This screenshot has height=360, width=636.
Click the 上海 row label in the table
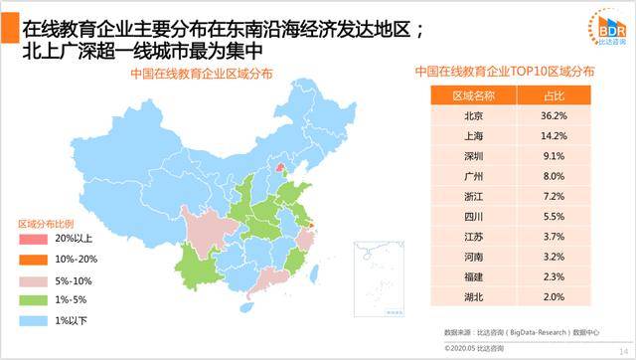pos(473,136)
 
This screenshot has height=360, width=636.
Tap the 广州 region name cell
pos(473,176)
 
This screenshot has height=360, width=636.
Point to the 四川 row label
pos(473,216)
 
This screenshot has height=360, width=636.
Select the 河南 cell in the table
pos(473,257)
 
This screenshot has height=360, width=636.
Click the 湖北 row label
pos(473,296)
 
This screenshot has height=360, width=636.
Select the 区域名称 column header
pos(473,95)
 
